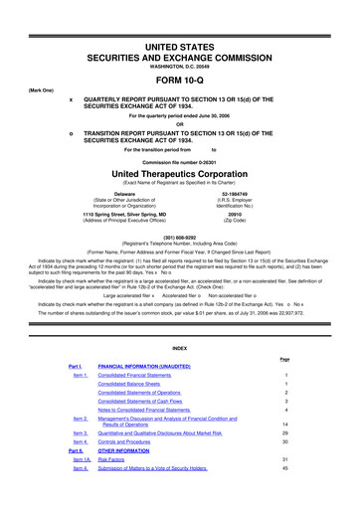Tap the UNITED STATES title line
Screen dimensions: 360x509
click(179, 19)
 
